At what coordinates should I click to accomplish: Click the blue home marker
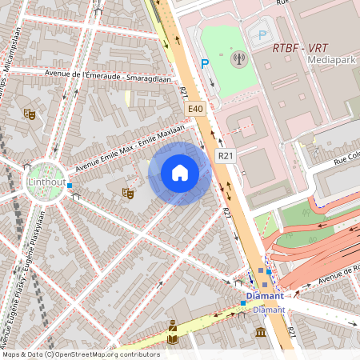(180, 173)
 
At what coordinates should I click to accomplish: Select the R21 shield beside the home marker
(225, 157)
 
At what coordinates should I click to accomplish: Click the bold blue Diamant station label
(265, 296)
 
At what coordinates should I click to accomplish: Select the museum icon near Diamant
(261, 332)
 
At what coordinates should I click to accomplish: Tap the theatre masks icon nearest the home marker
(127, 192)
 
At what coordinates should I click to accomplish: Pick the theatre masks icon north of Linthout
(30, 114)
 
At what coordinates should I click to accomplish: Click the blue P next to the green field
(205, 63)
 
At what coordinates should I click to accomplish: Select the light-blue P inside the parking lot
(262, 34)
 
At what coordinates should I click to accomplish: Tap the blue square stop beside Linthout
(70, 186)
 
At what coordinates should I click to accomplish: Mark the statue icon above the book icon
(173, 325)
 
